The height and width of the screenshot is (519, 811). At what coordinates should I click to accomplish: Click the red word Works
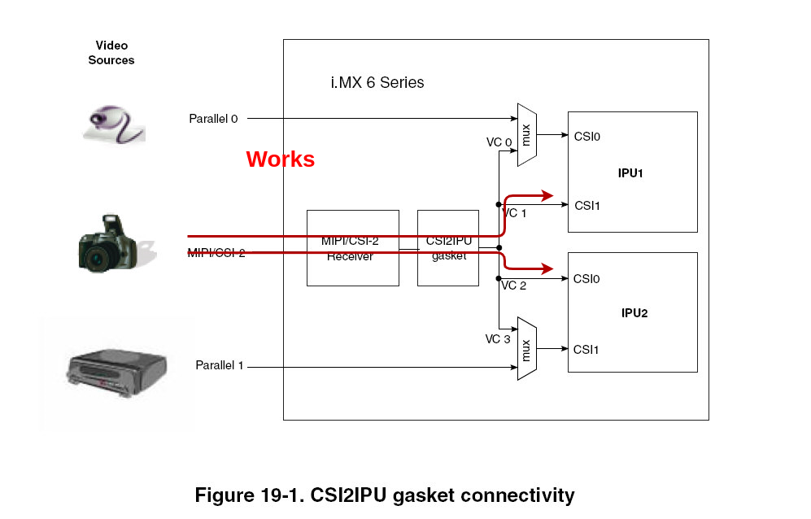pyautogui.click(x=280, y=159)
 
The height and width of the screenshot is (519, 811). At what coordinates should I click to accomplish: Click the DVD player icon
pyautogui.click(x=117, y=375)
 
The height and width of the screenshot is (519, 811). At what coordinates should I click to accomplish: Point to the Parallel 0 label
pyautogui.click(x=213, y=119)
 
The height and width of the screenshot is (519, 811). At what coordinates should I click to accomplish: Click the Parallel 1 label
pyautogui.click(x=220, y=365)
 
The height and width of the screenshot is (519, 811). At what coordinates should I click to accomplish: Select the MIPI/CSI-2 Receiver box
pyautogui.click(x=352, y=247)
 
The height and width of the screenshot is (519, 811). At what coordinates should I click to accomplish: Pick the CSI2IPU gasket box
pyautogui.click(x=448, y=247)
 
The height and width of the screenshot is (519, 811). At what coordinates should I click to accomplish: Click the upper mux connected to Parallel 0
pyautogui.click(x=526, y=135)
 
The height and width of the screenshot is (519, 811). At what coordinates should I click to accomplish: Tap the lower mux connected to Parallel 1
pyautogui.click(x=526, y=348)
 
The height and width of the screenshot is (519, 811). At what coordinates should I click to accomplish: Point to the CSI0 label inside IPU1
pyautogui.click(x=586, y=137)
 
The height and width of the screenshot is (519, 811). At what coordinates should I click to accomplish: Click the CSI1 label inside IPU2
pyautogui.click(x=586, y=350)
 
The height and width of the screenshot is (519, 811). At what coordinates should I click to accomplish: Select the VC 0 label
pyautogui.click(x=499, y=142)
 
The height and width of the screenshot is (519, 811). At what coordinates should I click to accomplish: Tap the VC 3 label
pyautogui.click(x=497, y=339)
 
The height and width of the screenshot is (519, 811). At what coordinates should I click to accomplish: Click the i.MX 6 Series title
pyautogui.click(x=377, y=82)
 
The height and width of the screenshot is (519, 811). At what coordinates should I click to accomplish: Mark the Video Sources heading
pyautogui.click(x=111, y=53)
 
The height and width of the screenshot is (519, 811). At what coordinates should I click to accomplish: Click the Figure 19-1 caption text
pyautogui.click(x=384, y=495)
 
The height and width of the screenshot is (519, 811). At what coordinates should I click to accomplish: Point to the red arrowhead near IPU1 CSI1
pyautogui.click(x=545, y=195)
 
